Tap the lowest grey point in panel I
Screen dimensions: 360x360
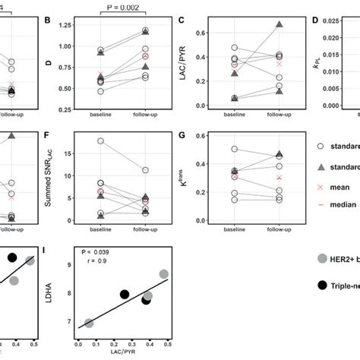(x=90, y=323)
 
